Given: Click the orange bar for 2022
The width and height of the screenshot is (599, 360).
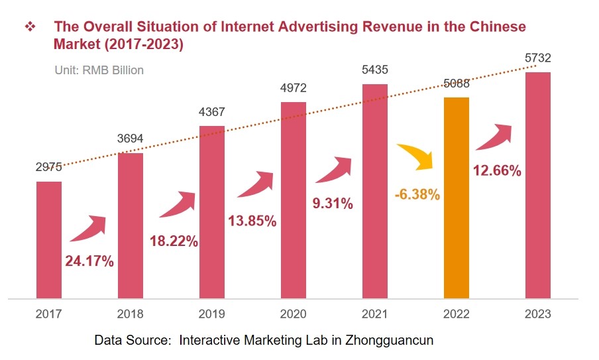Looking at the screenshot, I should coord(456,198).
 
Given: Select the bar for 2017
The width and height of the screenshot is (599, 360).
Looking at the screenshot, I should coord(49,239).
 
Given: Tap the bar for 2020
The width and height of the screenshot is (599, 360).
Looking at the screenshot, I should coord(294,200).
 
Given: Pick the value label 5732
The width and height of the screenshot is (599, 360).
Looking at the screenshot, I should coord(537,58).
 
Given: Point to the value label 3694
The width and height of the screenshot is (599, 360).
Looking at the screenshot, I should coord(131,139).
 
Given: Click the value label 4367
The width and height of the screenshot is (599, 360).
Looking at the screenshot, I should coord(212,112).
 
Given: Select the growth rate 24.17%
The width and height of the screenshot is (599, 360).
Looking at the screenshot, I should coord(89,261).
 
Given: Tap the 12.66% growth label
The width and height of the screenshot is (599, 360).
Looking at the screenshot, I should coord(497,170).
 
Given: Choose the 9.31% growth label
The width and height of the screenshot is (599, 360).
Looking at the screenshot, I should coord(333,204).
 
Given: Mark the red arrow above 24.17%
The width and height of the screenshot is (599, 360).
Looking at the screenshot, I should coord(87,228).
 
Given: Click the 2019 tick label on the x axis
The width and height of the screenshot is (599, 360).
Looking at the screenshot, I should coord(212,314).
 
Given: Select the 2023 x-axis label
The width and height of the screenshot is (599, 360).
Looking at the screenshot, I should coord(537,314).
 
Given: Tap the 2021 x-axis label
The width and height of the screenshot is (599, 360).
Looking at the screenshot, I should coord(374,314).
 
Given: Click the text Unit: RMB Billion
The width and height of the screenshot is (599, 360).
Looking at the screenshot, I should coord(99,70).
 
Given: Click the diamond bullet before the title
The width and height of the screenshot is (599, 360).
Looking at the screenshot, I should coord(30,27).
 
